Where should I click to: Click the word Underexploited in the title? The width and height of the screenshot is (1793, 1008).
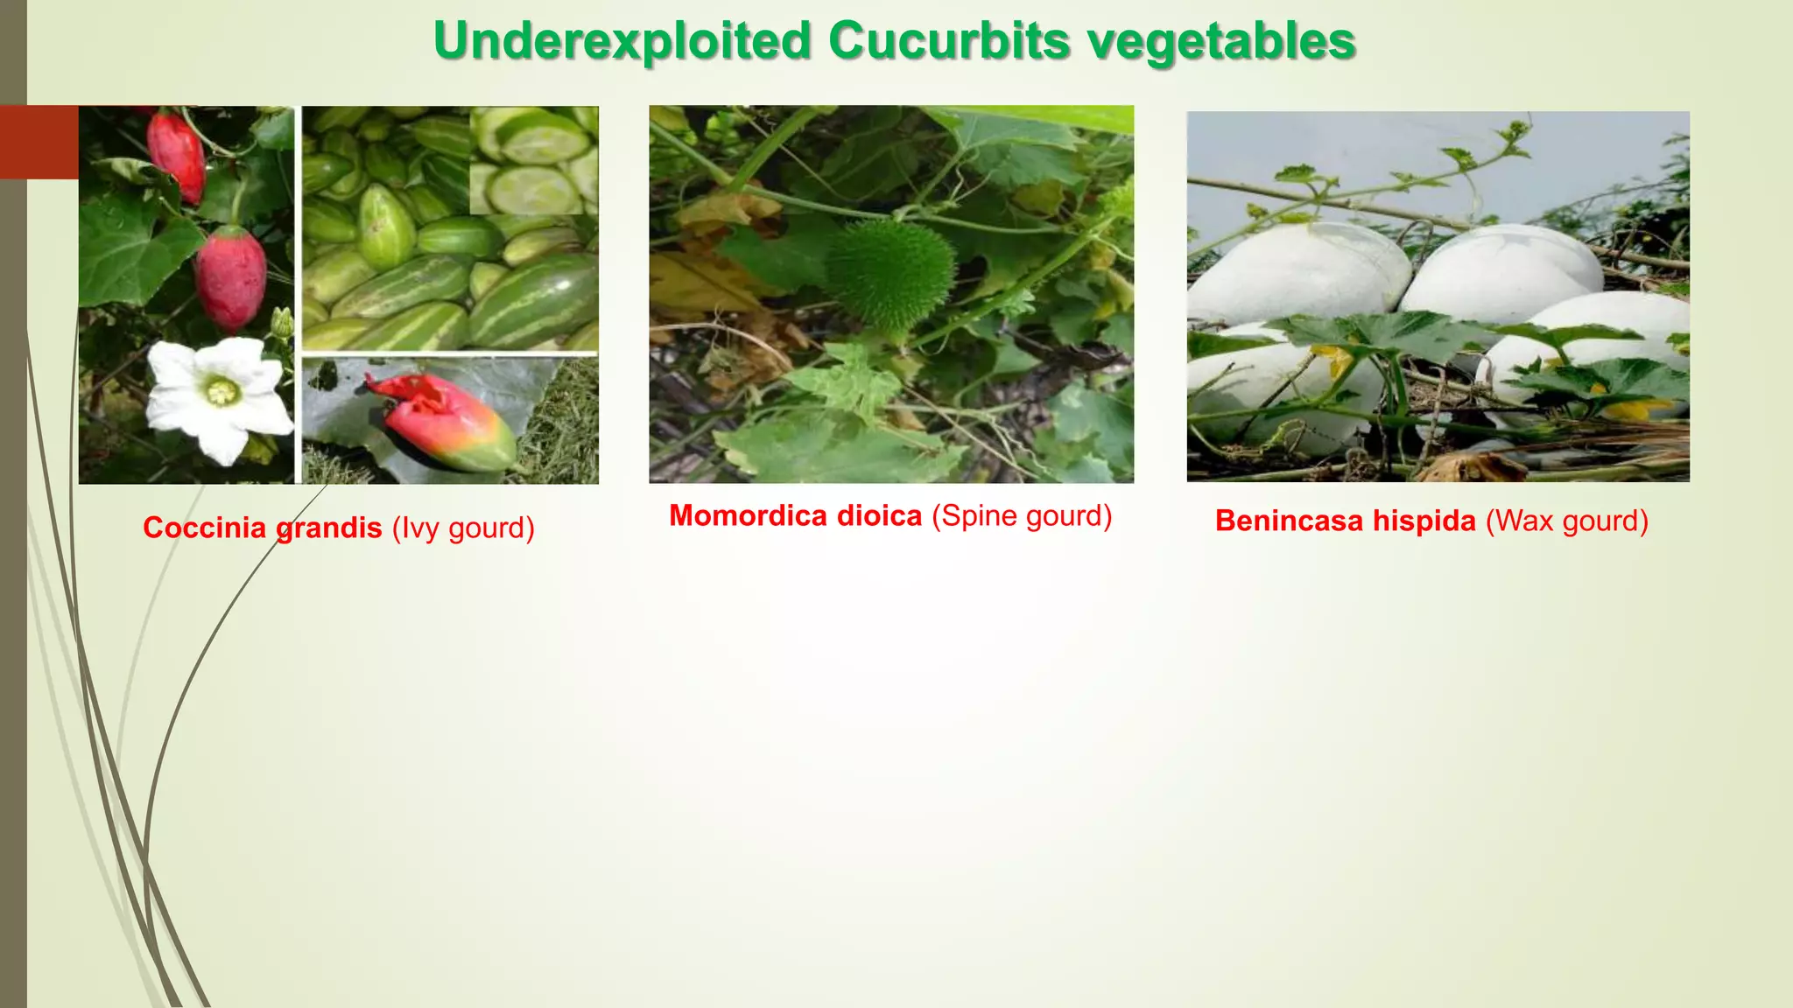tap(622, 42)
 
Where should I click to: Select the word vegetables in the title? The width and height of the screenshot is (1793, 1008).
tap(1221, 42)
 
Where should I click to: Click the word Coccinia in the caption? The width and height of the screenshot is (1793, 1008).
tap(204, 528)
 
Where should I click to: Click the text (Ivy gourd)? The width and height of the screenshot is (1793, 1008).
tap(463, 528)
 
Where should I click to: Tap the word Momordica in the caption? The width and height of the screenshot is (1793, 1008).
tap(748, 515)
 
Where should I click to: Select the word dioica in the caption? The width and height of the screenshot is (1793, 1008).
tap(879, 515)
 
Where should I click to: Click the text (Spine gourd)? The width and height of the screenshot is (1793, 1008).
tap(1022, 515)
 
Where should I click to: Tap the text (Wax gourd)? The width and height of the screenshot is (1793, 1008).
tap(1567, 521)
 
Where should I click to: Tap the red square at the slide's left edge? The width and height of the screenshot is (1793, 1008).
tap(39, 142)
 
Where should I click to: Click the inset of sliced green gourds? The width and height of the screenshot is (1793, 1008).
tap(534, 161)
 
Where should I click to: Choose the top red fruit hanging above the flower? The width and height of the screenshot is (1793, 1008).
tap(178, 153)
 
